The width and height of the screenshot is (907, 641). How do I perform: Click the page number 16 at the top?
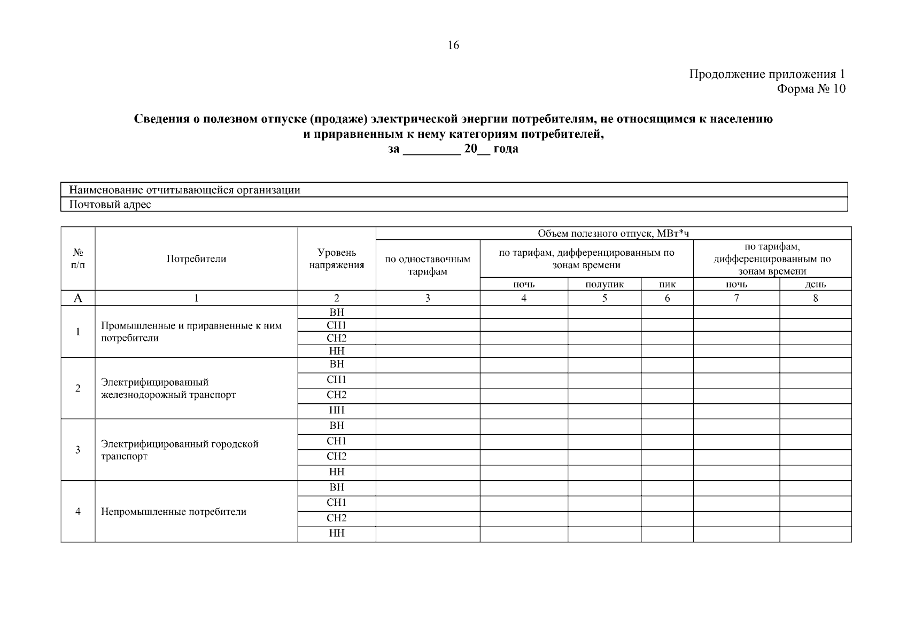(x=453, y=45)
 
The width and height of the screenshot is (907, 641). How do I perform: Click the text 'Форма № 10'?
(x=811, y=89)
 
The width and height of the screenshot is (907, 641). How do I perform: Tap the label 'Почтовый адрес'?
(x=110, y=205)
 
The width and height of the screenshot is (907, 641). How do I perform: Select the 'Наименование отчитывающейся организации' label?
(x=184, y=190)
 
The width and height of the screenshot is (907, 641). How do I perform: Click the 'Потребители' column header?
(x=196, y=259)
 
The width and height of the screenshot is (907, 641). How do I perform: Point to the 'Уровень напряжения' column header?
(x=336, y=259)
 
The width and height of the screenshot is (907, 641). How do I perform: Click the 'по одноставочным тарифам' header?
(x=428, y=265)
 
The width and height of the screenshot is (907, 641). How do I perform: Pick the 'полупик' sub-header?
(x=604, y=285)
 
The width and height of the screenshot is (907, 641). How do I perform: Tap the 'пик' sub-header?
(x=667, y=285)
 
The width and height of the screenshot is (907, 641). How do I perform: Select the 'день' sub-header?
(x=815, y=285)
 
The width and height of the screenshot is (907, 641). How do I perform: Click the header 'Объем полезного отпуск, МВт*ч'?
(x=613, y=233)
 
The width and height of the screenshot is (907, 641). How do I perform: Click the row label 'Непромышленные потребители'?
(x=174, y=512)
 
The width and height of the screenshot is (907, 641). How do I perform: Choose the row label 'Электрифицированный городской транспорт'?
(x=180, y=450)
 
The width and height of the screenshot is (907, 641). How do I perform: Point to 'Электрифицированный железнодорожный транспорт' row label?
(x=168, y=388)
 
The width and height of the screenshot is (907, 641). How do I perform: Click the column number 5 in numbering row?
(x=604, y=299)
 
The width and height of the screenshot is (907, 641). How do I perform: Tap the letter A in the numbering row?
(x=78, y=299)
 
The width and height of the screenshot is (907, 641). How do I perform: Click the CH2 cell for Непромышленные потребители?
(x=336, y=518)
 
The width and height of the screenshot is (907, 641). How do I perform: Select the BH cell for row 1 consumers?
(x=336, y=312)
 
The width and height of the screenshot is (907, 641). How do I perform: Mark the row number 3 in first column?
(x=78, y=450)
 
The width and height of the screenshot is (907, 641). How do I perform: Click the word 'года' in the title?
(x=506, y=149)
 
